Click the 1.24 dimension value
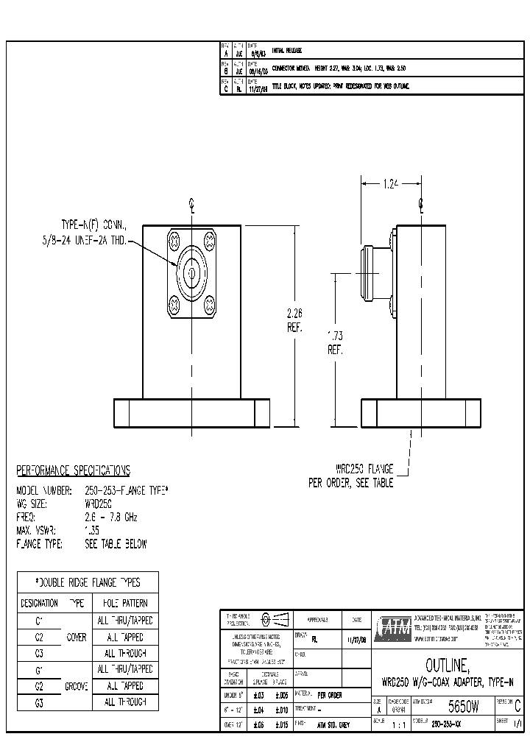pos(390,184)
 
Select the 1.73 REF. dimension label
pos(336,343)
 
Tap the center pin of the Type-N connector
pos(191,272)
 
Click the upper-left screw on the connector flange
pos(174,240)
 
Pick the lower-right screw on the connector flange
pos(208,303)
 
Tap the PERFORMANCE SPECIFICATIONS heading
pos(73,470)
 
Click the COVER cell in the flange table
pos(77,637)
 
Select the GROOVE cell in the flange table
pos(77,685)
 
